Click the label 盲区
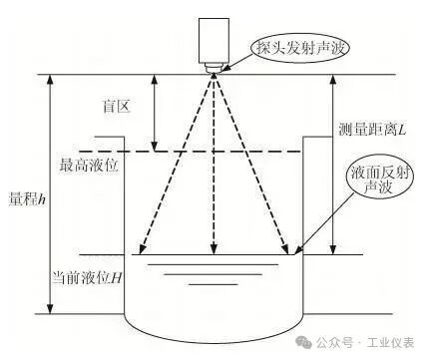tap(116, 107)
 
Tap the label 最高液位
tap(89, 165)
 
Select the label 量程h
tap(27, 199)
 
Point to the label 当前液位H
tap(87, 277)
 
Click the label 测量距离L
tap(372, 129)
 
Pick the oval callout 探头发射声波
tap(301, 49)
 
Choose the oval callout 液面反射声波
tap(379, 180)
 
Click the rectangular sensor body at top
tap(214, 41)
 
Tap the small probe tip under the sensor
tap(214, 69)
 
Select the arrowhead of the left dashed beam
tap(143, 250)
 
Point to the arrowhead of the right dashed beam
tap(285, 250)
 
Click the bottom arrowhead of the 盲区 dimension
tap(154, 147)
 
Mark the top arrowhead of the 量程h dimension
tap(50, 80)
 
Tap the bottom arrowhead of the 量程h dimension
tap(50, 308)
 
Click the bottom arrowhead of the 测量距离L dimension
tap(333, 249)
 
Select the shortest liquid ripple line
tap(214, 284)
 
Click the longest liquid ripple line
tap(214, 264)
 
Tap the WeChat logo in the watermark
tap(304, 343)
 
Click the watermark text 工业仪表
tap(391, 343)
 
